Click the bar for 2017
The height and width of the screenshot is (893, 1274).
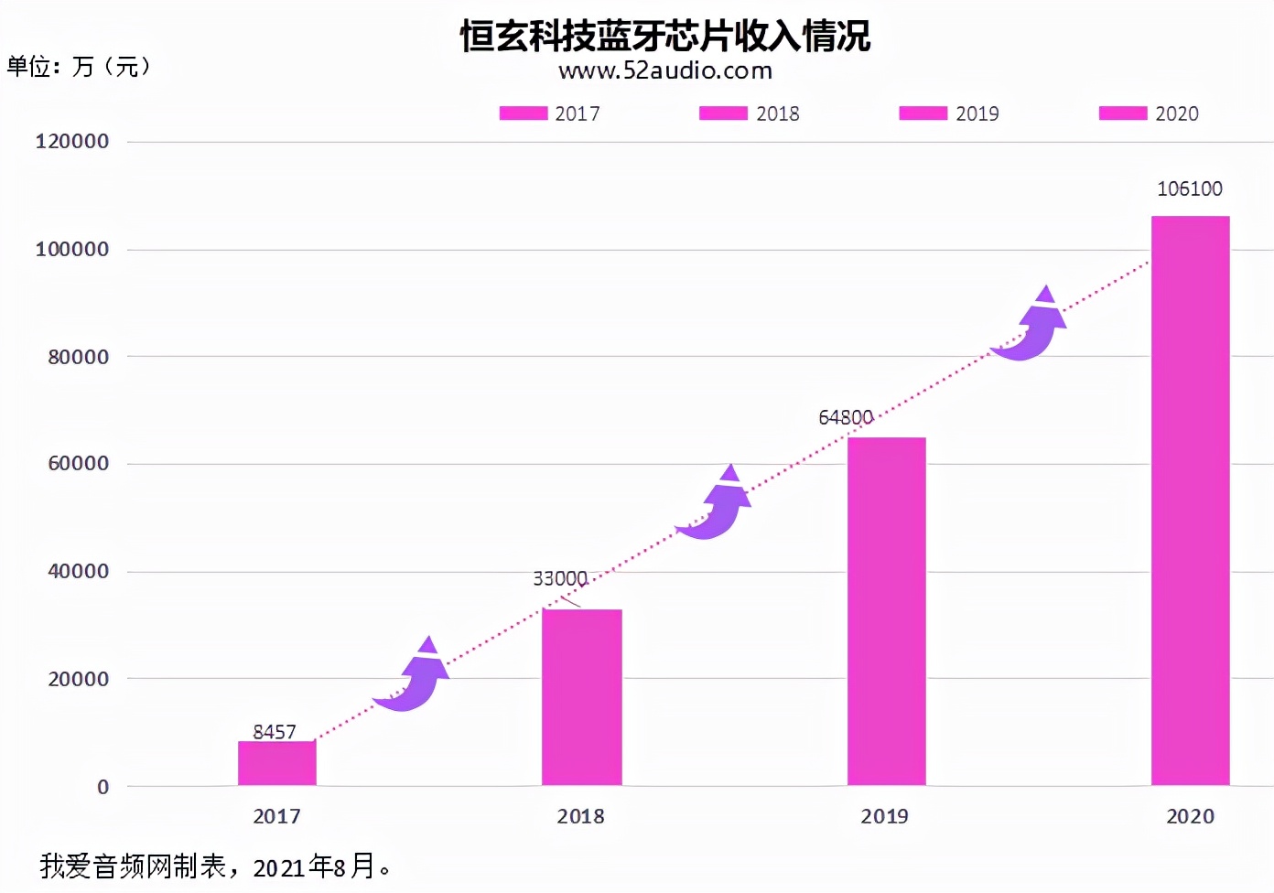coord(276,763)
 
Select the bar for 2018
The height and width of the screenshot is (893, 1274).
coord(581,697)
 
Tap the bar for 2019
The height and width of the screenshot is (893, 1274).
coord(886,611)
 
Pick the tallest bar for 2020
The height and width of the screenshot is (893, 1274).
coord(1190,500)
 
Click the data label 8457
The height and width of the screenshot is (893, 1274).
coord(275,731)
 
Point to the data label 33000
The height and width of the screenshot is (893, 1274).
coord(559,578)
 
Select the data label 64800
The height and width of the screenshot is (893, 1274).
coord(845,417)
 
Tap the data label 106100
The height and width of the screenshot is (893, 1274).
coord(1189,188)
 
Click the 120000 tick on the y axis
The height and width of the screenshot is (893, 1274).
coord(72,141)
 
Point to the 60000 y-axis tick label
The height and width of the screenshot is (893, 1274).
coord(79,463)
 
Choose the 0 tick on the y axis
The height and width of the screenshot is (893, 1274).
coord(103,787)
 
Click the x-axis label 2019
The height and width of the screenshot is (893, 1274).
coord(884,816)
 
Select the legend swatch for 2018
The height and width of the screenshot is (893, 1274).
coord(723,113)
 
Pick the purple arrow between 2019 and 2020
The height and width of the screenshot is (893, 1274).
coord(1031,326)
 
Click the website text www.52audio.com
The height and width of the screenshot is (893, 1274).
coord(665,70)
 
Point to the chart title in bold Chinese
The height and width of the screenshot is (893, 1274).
coord(665,36)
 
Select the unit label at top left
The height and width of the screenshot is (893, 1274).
coord(79,66)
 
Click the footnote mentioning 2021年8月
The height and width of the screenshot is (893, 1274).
coord(216,866)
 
